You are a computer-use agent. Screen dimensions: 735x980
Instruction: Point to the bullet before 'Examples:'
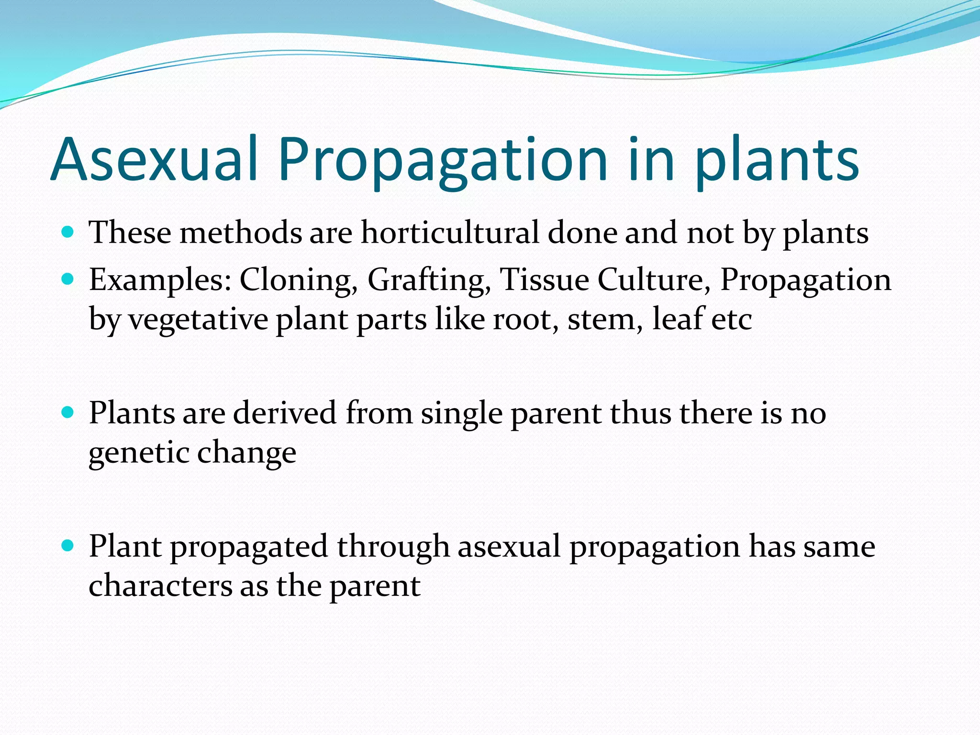[68, 279]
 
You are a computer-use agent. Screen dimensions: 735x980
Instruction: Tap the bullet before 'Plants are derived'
[68, 412]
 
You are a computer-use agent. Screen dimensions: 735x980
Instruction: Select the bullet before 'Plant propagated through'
[68, 546]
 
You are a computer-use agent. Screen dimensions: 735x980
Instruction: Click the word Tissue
[544, 279]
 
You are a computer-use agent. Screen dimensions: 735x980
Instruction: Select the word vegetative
[198, 320]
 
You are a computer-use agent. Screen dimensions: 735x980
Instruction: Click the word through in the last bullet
[393, 546]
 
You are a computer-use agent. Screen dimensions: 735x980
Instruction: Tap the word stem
[605, 320]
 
